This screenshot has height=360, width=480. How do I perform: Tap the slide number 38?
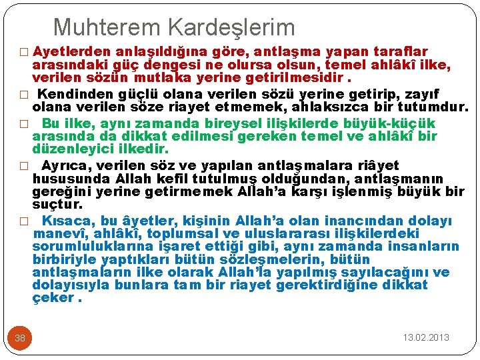coord(20,338)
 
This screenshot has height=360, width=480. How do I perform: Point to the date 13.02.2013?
coord(426,337)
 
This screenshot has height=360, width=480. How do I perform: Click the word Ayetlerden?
coord(71,51)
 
